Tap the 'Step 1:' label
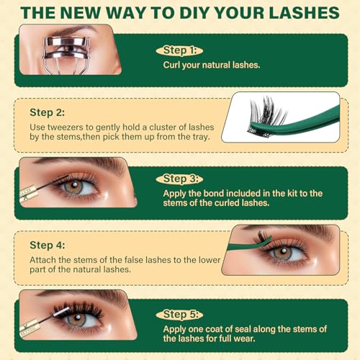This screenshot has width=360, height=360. [180, 50]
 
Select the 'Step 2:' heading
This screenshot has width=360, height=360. [47, 112]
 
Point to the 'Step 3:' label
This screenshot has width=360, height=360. [181, 179]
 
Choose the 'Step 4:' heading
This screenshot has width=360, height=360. [48, 246]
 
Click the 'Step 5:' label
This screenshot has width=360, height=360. [181, 315]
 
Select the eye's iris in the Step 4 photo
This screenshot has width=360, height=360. [283, 253]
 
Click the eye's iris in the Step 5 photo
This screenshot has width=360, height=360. [76, 319]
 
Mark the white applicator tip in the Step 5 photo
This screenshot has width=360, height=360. [61, 312]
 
